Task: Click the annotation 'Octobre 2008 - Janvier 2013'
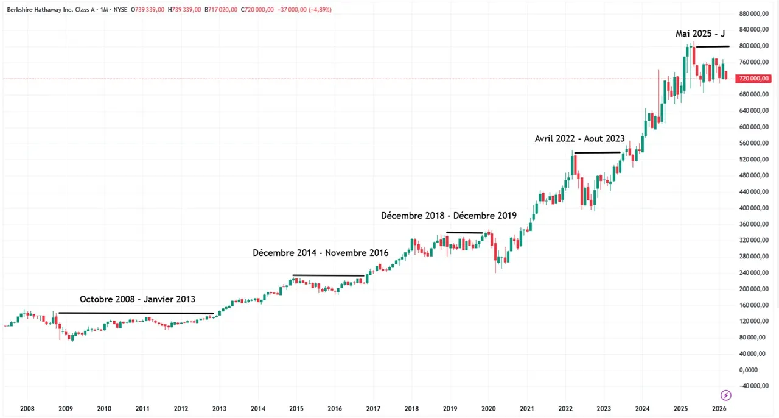click(138, 300)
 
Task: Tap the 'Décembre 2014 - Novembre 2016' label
click(321, 252)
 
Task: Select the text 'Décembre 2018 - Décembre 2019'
click(449, 216)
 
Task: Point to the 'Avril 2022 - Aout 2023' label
click(579, 139)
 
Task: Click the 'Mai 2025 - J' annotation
click(700, 34)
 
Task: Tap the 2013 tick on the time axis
click(219, 408)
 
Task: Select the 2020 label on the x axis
click(488, 408)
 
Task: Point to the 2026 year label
click(719, 408)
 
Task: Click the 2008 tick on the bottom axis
click(27, 408)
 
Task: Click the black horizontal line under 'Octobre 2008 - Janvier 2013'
click(136, 313)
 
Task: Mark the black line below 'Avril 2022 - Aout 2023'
click(597, 152)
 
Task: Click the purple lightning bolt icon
click(725, 395)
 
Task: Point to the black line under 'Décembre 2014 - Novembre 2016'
click(329, 275)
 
